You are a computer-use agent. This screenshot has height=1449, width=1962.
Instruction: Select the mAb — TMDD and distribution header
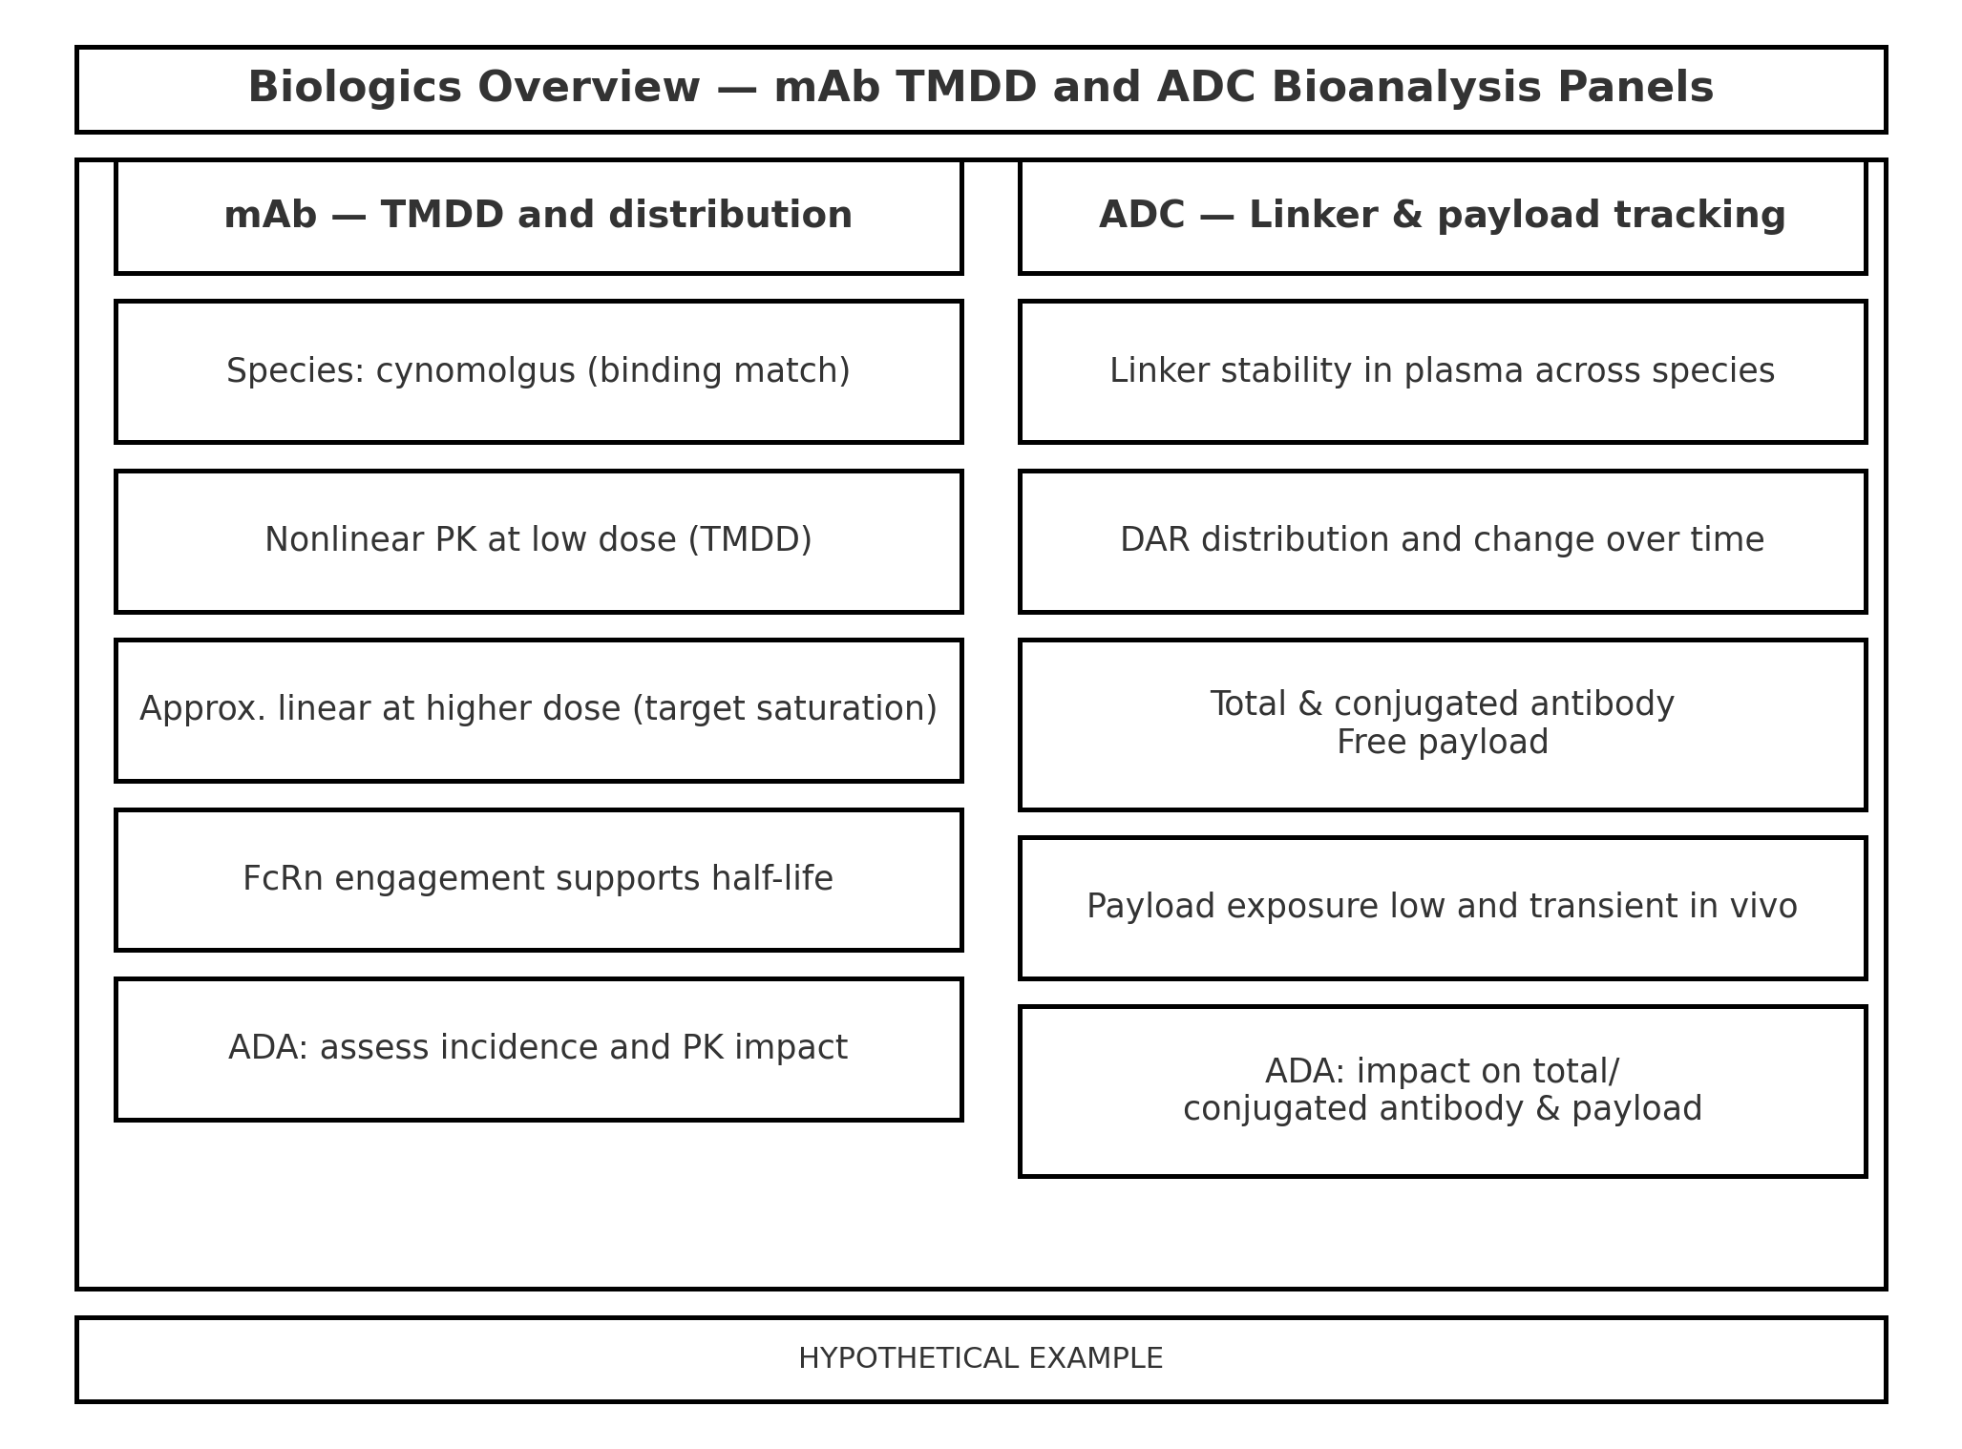(538, 216)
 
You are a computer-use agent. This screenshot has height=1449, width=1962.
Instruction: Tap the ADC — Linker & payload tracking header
(1442, 216)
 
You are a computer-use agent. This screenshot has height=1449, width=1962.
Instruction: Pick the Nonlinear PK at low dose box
(538, 540)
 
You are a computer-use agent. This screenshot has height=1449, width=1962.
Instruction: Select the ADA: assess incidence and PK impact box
(538, 1048)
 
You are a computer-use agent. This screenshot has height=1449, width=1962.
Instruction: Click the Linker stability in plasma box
(1442, 371)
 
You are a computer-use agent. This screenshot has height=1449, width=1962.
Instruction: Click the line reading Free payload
(1442, 743)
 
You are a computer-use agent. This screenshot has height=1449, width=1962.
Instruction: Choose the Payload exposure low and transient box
(1442, 907)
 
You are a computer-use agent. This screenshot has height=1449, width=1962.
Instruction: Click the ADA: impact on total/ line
(1442, 1072)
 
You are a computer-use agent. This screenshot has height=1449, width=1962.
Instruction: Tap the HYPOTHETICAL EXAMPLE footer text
(981, 1358)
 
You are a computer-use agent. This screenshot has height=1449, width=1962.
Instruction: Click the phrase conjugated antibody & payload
(1442, 1109)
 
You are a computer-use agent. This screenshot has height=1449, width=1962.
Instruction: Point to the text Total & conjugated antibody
(1442, 704)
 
